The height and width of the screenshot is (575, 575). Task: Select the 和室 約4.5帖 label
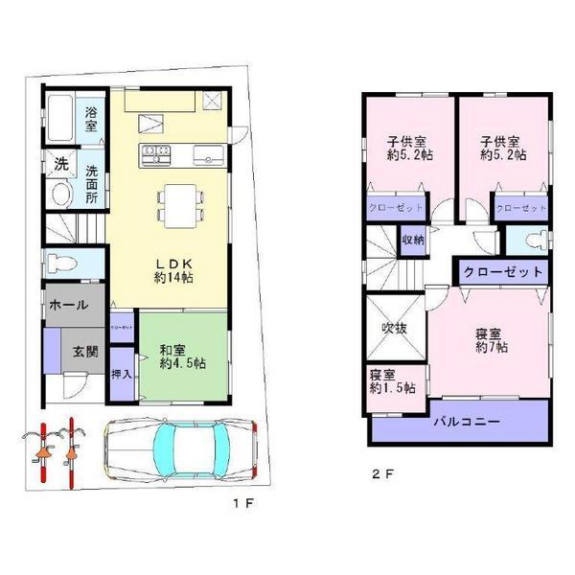pos(183,356)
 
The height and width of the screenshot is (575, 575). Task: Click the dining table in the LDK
pos(179,201)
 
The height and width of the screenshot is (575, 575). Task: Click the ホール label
pos(67,306)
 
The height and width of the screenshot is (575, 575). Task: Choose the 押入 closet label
pos(122,375)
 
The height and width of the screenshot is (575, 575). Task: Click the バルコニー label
pos(462,421)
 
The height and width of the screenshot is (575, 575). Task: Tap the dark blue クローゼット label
pos(503,272)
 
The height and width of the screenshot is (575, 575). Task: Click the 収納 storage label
pos(413,240)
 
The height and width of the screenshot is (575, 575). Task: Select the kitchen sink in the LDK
pos(206,153)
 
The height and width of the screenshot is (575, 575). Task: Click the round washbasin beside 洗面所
pos(60,195)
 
